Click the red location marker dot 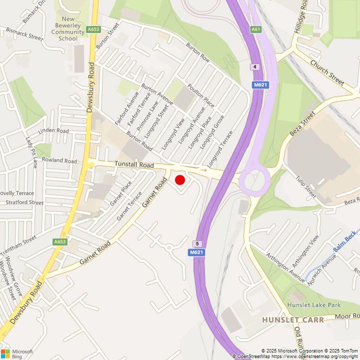click(x=180, y=180)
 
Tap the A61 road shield click(x=256, y=30)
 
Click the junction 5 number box click(x=197, y=244)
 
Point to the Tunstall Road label click(x=134, y=165)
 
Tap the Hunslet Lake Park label click(x=314, y=305)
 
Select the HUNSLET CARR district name click(x=293, y=320)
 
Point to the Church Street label click(x=327, y=72)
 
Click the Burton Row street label click(x=198, y=52)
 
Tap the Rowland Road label click(x=59, y=160)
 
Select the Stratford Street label click(x=25, y=202)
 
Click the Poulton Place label click(x=201, y=95)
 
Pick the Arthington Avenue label click(x=285, y=267)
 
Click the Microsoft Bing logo click(x=17, y=354)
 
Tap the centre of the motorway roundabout click(x=255, y=181)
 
